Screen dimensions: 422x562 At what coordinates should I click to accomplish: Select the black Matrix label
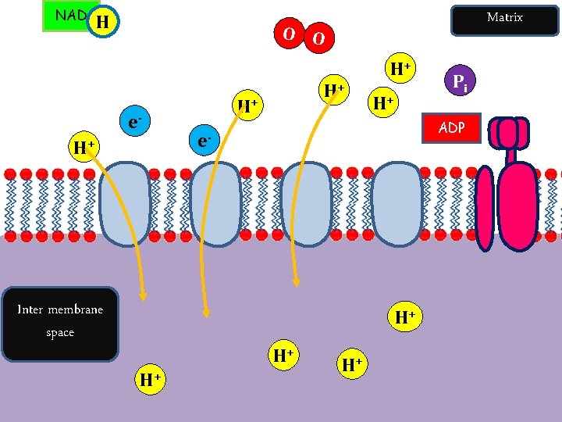click(x=503, y=18)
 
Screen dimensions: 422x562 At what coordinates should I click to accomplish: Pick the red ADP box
click(x=451, y=127)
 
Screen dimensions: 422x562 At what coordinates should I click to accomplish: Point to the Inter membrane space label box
click(x=60, y=324)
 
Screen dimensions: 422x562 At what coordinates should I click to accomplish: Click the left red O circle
click(x=289, y=34)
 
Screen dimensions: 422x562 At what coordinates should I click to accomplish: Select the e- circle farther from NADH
click(x=204, y=141)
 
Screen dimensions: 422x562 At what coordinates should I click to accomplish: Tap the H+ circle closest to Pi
click(x=401, y=70)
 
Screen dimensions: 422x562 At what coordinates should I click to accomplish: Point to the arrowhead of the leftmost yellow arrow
click(x=143, y=296)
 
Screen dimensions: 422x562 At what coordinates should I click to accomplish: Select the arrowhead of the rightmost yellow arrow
click(x=296, y=282)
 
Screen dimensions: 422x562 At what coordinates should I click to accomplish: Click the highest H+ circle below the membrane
click(x=404, y=317)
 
